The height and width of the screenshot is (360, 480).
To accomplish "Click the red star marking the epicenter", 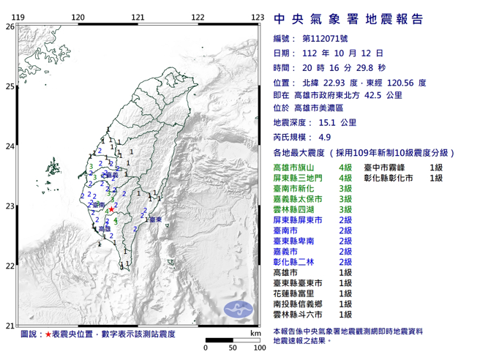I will (111, 210).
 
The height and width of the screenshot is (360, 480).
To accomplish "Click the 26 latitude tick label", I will (10, 26).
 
